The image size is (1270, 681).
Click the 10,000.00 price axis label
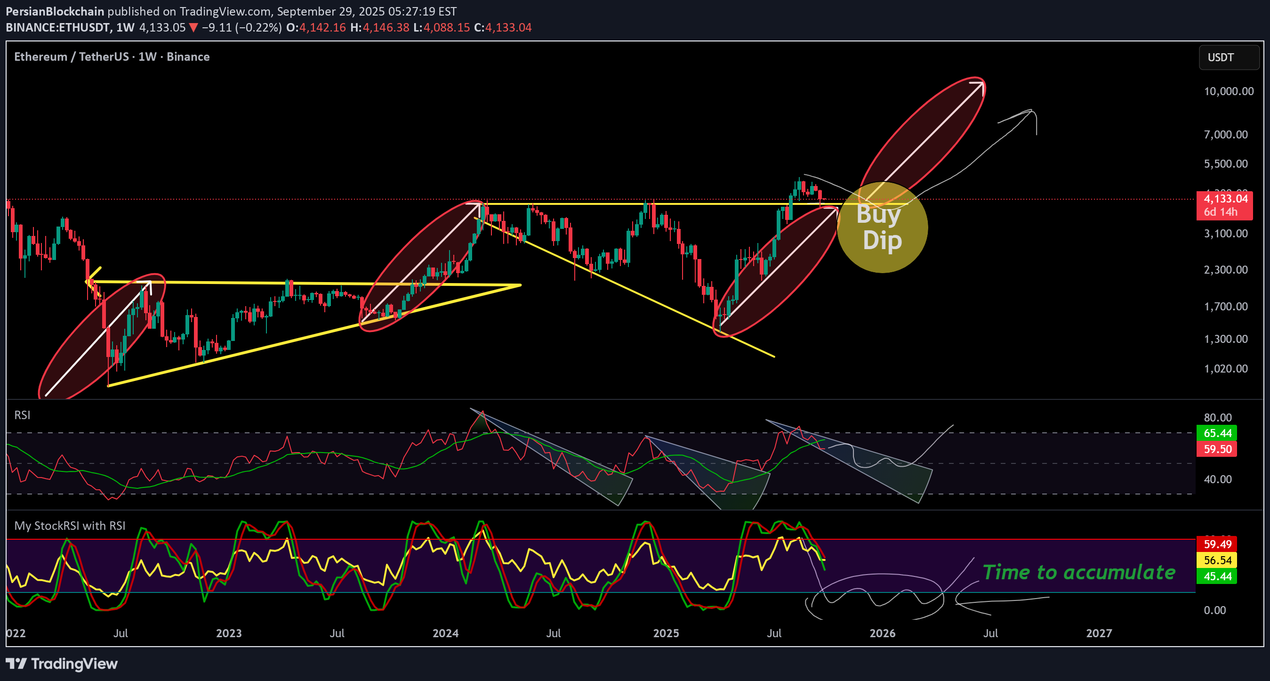point(1228,91)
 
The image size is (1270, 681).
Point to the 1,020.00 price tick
point(1226,369)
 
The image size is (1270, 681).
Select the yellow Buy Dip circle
point(883,228)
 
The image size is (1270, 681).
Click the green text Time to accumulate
point(1079,573)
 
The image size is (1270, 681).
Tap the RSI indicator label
point(22,415)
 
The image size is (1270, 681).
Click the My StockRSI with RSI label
point(70,526)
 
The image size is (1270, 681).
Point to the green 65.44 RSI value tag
point(1217,433)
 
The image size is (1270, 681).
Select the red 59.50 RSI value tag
point(1217,449)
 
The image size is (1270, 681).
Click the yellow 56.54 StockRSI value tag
point(1217,560)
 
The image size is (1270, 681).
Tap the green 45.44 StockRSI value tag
point(1217,576)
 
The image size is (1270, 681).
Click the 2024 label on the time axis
point(445,633)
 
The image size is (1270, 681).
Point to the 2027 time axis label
point(1099,633)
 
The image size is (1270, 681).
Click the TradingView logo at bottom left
point(62,664)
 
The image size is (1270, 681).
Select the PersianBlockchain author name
point(55,11)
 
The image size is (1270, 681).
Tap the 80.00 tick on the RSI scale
point(1217,418)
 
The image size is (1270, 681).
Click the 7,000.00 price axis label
point(1226,135)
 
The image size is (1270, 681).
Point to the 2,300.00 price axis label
point(1226,270)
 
